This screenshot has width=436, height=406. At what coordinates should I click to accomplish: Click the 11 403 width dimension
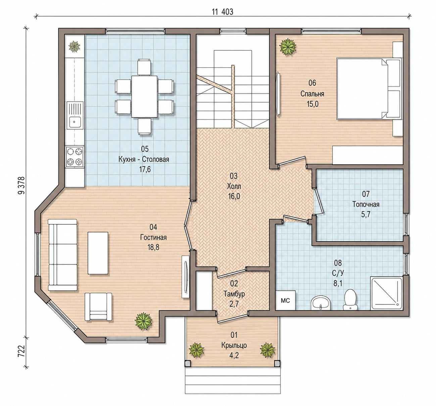click(223, 12)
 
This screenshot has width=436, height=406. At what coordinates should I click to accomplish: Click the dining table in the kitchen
click(144, 97)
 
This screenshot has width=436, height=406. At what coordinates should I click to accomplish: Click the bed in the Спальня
click(369, 89)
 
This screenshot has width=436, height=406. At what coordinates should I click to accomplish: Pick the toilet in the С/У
click(350, 299)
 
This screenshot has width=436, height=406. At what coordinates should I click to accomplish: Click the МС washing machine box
click(285, 300)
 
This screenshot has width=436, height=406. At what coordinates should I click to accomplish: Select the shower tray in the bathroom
click(387, 293)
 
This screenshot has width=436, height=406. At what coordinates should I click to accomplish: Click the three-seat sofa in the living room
click(62, 255)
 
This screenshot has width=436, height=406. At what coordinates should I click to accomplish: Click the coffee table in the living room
click(98, 253)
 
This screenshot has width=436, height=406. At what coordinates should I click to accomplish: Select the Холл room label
click(234, 186)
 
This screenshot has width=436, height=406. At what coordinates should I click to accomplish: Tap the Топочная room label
click(366, 204)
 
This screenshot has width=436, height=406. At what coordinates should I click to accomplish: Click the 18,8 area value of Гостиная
click(153, 247)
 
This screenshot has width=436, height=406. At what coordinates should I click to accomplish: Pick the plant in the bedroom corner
click(287, 47)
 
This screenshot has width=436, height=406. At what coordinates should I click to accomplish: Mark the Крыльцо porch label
click(234, 345)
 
